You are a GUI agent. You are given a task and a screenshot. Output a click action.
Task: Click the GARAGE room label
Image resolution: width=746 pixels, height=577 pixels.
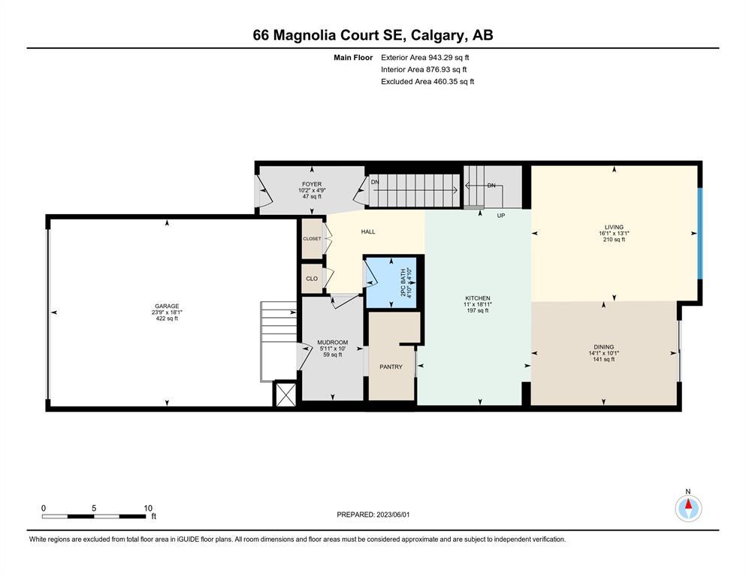pos(167,307)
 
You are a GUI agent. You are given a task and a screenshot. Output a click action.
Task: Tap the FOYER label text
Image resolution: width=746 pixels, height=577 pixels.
pos(312,184)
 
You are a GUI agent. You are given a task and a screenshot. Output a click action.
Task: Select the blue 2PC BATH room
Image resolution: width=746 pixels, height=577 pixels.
pos(391,282)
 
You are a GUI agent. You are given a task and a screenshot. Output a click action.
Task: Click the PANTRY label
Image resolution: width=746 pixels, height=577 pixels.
pos(391,367)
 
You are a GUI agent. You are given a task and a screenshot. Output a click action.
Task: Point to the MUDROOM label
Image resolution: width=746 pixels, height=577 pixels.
pos(333,343)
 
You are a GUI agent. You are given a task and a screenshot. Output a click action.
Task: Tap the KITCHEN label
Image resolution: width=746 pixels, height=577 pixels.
pos(477,298)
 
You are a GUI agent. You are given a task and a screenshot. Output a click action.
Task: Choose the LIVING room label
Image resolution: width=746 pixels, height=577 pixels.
pos(614,228)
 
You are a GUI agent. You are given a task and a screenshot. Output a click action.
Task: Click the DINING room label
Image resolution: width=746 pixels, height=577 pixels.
pos(604,347)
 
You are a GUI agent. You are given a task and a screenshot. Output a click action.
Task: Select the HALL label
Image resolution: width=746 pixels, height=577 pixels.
pos(368,231)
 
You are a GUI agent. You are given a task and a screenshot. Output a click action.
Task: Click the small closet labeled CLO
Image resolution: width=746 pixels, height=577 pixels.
pos(312,278)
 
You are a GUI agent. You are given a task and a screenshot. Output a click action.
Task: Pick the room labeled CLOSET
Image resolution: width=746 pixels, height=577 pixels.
pos(312,238)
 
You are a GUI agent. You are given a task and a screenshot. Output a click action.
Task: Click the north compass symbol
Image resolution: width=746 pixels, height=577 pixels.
pos(688,508)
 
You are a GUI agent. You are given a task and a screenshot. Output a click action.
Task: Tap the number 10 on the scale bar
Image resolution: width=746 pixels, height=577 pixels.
pos(148,508)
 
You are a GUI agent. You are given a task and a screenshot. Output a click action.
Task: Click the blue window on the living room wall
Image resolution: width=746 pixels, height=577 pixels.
pos(700,234)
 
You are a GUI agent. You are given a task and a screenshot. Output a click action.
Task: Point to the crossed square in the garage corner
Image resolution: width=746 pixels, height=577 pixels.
pos(285,394)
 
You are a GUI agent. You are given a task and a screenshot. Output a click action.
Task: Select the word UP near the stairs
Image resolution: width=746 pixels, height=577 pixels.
pos(500,216)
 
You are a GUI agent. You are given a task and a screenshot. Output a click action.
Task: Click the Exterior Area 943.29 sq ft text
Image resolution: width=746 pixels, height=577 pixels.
pos(425,58)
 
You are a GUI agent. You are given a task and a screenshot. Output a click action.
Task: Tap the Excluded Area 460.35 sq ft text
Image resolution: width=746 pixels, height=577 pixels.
pos(427,81)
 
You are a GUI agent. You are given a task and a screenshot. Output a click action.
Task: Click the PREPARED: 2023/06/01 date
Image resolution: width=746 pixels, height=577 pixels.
pos(373,515)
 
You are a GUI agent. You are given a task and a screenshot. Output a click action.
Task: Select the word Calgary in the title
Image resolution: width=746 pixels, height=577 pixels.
pos(437,35)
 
